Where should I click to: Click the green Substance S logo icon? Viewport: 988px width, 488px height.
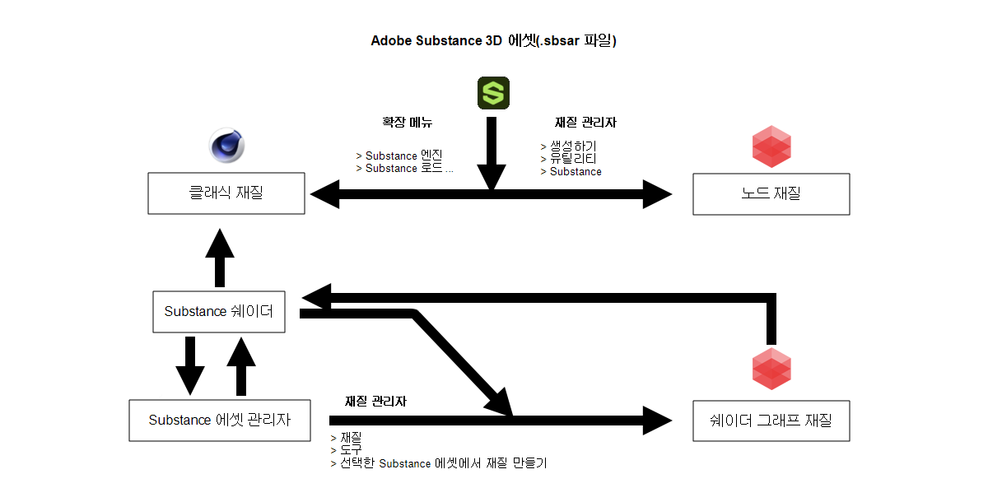click(x=493, y=93)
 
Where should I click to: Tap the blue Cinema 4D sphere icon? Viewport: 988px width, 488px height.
click(x=226, y=146)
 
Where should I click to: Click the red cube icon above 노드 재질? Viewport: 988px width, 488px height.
click(x=771, y=146)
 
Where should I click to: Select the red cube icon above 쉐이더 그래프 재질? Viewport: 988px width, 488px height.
click(x=771, y=369)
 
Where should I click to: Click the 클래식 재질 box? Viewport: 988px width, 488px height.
click(x=226, y=193)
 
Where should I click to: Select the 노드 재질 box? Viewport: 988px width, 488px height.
click(x=771, y=194)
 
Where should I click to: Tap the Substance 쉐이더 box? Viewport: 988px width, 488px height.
click(x=219, y=312)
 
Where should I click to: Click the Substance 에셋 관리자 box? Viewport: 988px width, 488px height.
click(x=220, y=421)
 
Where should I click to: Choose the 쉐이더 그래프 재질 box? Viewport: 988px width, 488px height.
click(x=771, y=421)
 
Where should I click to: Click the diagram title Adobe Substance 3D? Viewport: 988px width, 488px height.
click(x=436, y=40)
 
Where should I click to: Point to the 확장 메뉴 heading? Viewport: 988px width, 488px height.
click(x=407, y=122)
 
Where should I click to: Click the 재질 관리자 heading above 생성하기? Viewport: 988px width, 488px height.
click(x=585, y=122)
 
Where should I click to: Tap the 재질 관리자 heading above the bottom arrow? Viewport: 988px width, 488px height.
click(x=375, y=401)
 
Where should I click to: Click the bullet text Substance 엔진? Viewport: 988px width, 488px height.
click(x=403, y=156)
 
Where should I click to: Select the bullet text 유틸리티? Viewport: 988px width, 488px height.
click(x=573, y=158)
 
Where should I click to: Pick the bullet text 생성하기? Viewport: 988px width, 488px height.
click(x=573, y=146)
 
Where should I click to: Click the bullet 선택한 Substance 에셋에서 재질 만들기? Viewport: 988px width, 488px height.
click(x=443, y=463)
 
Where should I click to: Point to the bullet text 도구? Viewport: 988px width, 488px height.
click(x=351, y=450)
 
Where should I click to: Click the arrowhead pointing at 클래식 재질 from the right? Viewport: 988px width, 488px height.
click(x=325, y=194)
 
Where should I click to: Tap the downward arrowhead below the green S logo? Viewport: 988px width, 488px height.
click(x=492, y=177)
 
